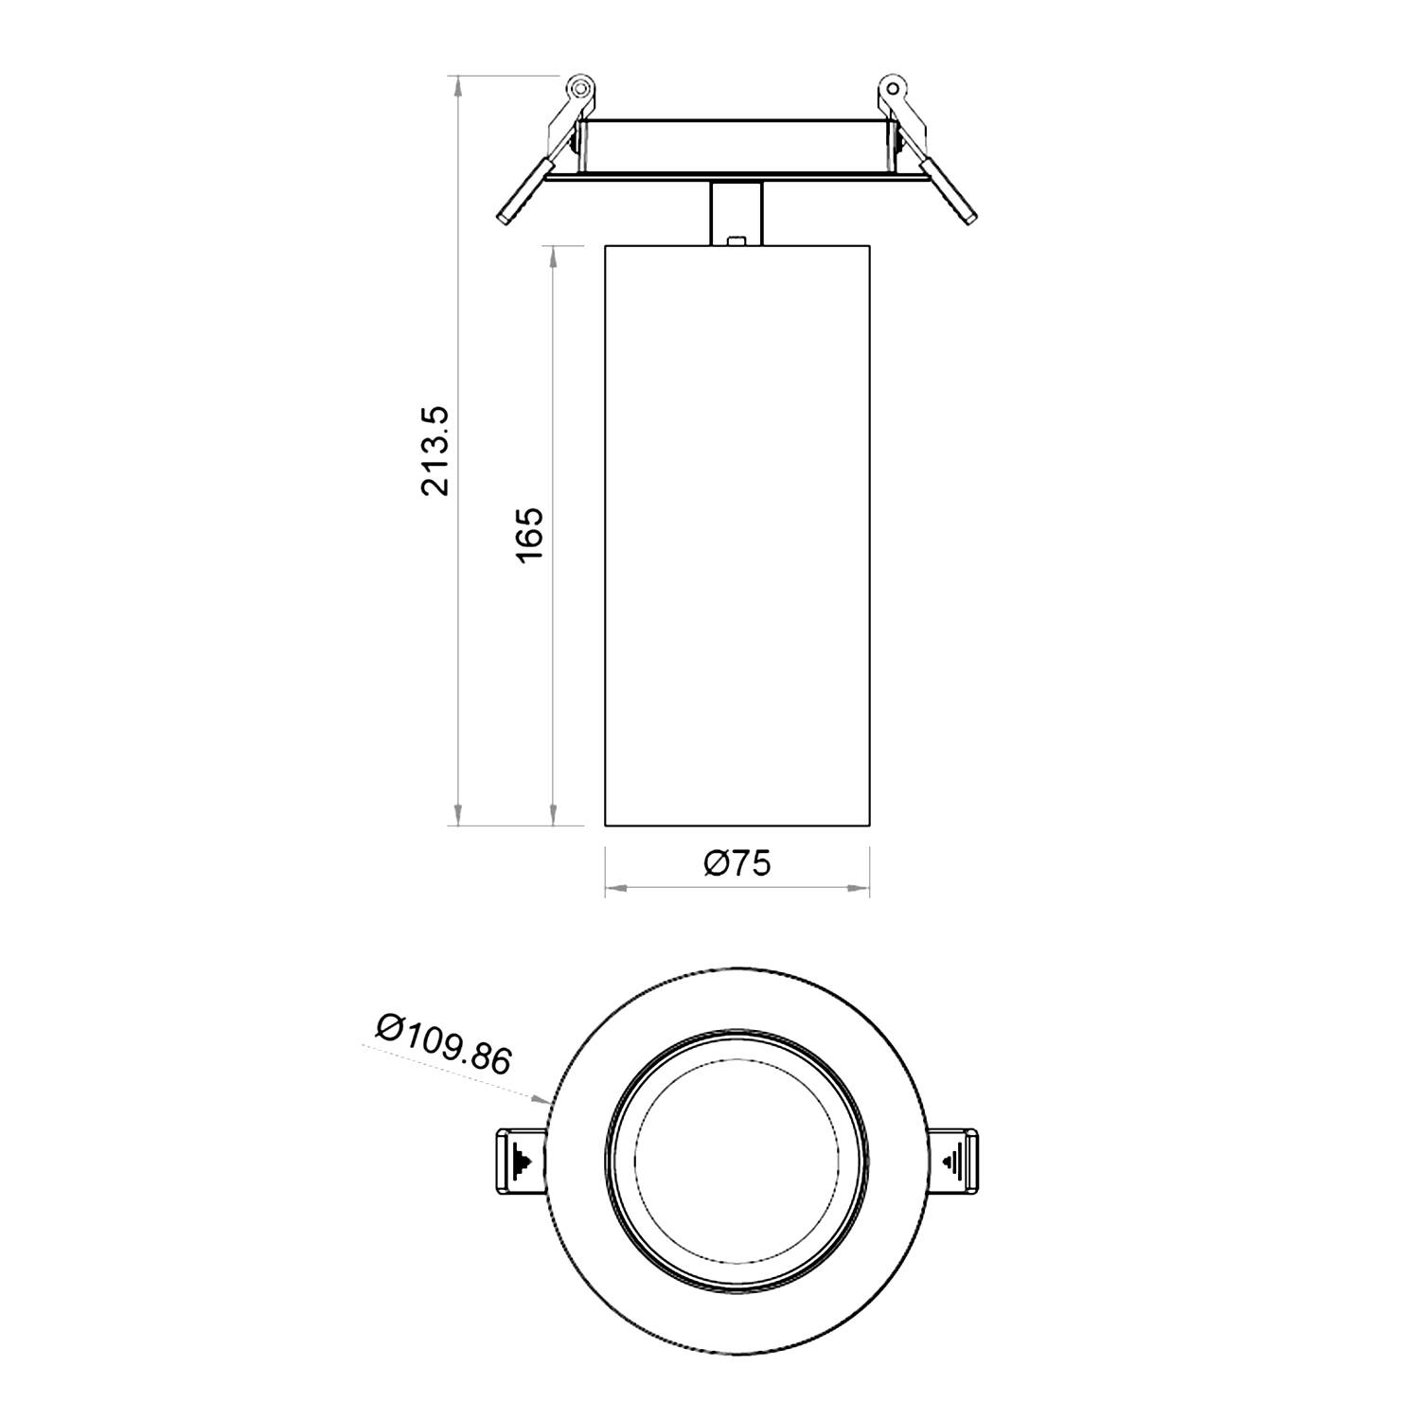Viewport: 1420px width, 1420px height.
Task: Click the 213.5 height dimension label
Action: click(x=438, y=452)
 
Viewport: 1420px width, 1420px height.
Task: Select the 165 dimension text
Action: click(x=530, y=534)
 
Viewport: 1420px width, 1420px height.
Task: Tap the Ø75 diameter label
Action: click(x=737, y=862)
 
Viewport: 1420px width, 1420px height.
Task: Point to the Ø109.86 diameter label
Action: click(x=443, y=1044)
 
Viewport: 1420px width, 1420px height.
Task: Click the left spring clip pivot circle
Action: click(x=579, y=89)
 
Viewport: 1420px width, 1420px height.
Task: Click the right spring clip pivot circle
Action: click(x=893, y=89)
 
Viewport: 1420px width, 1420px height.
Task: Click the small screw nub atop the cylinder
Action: click(x=737, y=240)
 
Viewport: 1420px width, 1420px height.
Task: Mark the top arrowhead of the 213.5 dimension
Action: click(x=458, y=85)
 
